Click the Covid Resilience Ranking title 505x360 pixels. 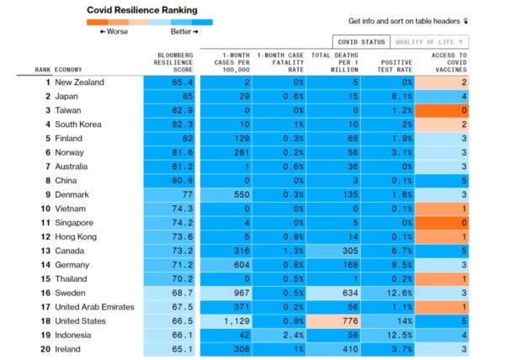tap(142, 10)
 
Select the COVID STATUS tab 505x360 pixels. tap(361, 41)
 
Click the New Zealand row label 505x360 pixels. tap(79, 82)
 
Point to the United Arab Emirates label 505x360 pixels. tap(94, 307)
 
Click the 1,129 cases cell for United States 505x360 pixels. tap(226, 321)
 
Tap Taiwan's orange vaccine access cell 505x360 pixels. tap(444, 110)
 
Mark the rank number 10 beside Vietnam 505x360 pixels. tap(45, 209)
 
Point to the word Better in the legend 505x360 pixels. tap(183, 31)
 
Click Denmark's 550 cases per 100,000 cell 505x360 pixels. tap(226, 195)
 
